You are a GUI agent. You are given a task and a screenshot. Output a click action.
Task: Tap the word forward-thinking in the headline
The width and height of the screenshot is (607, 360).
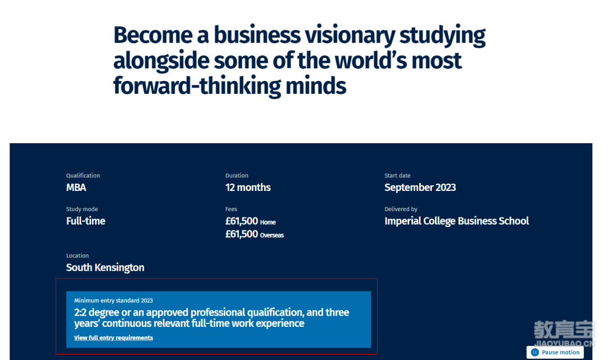(197, 86)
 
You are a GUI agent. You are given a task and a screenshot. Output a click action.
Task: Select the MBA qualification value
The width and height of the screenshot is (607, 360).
(76, 188)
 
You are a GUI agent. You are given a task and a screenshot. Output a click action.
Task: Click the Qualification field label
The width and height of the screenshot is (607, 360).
(83, 176)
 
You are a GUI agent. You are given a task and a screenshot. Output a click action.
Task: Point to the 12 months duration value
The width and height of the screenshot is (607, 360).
(248, 188)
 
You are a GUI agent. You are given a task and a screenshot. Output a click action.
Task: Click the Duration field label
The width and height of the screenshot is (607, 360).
(237, 176)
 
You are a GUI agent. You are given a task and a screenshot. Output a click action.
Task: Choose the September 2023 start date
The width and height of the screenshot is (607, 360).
(420, 188)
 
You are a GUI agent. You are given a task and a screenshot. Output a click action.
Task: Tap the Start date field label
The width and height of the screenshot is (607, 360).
(397, 176)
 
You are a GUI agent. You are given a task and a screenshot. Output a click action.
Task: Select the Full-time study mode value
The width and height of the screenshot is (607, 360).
(85, 221)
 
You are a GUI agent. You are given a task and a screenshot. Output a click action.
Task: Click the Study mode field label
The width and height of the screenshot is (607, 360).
(82, 209)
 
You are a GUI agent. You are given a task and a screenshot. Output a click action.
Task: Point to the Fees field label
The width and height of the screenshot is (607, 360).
(231, 209)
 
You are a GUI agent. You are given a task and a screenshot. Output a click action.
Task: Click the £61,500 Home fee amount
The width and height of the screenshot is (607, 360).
(251, 221)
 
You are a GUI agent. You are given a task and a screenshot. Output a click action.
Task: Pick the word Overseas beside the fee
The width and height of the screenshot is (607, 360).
(272, 235)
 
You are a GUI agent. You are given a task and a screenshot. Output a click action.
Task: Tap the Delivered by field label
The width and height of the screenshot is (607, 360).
(401, 209)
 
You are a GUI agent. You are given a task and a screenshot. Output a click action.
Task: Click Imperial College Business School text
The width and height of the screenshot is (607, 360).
(456, 221)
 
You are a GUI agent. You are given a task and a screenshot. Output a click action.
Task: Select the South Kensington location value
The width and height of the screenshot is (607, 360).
(105, 267)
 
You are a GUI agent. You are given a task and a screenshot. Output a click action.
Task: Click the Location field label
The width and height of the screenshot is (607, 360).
(78, 256)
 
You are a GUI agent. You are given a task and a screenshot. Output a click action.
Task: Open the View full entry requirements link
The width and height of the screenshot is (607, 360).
(114, 338)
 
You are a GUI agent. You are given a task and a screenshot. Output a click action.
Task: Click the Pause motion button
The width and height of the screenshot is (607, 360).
(555, 352)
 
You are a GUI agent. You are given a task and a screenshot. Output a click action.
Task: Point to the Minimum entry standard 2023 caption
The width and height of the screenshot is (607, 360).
(114, 300)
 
